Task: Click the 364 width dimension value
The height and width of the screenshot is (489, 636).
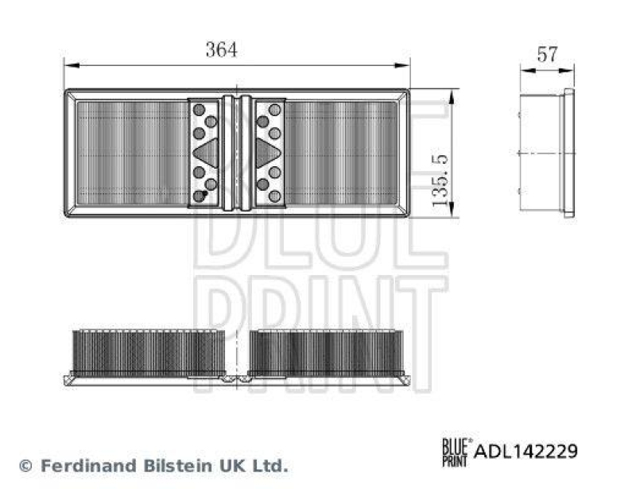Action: tap(221, 49)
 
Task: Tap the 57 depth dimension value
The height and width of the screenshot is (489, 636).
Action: tap(547, 54)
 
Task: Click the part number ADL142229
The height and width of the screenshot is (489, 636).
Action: tap(525, 451)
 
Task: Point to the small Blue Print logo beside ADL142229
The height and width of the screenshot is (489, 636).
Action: tap(456, 450)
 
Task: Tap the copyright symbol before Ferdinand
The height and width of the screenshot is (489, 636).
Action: tap(25, 465)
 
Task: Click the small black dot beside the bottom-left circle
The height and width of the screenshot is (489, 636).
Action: tap(205, 192)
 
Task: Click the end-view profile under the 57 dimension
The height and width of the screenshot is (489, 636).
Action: tap(547, 153)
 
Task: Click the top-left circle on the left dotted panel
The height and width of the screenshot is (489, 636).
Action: tap(199, 109)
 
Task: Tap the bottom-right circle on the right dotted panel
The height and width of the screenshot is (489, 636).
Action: tap(274, 196)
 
